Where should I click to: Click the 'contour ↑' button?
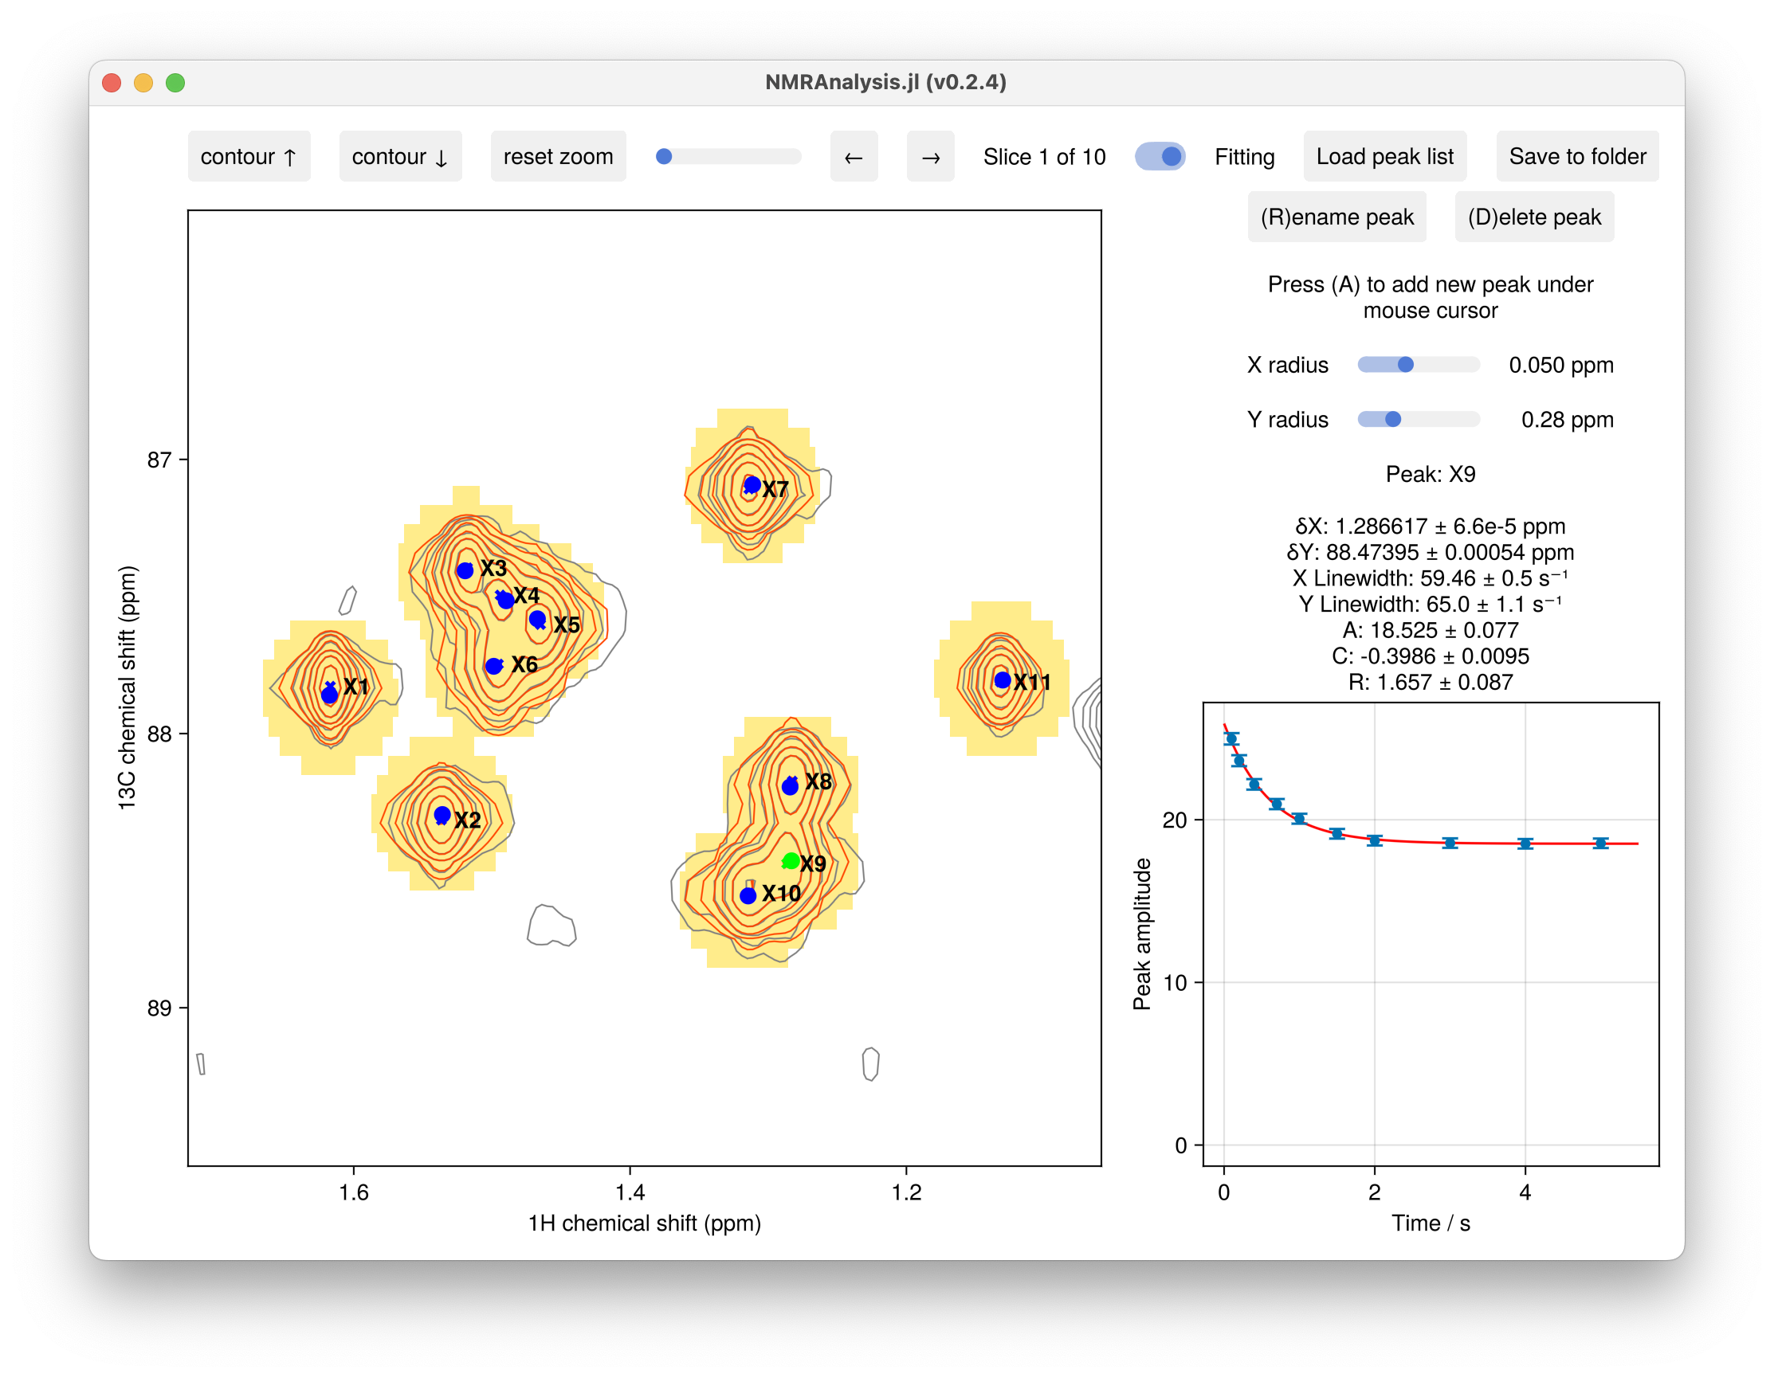click(249, 157)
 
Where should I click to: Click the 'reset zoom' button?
click(558, 157)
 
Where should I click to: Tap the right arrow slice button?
click(930, 157)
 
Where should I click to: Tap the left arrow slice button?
click(854, 157)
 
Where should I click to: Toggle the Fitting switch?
click(1160, 157)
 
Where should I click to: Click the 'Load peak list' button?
click(1384, 157)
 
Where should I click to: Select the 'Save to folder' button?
click(1576, 157)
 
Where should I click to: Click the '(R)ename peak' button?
click(1336, 217)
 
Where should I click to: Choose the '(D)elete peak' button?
click(1533, 217)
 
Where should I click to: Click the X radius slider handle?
click(1405, 365)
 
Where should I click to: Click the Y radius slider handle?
click(1392, 419)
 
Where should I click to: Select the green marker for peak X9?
click(791, 861)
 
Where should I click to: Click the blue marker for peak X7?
click(752, 485)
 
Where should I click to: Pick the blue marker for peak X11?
click(1003, 680)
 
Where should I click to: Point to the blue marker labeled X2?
click(442, 815)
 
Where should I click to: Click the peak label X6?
click(524, 665)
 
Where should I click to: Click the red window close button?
click(112, 83)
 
